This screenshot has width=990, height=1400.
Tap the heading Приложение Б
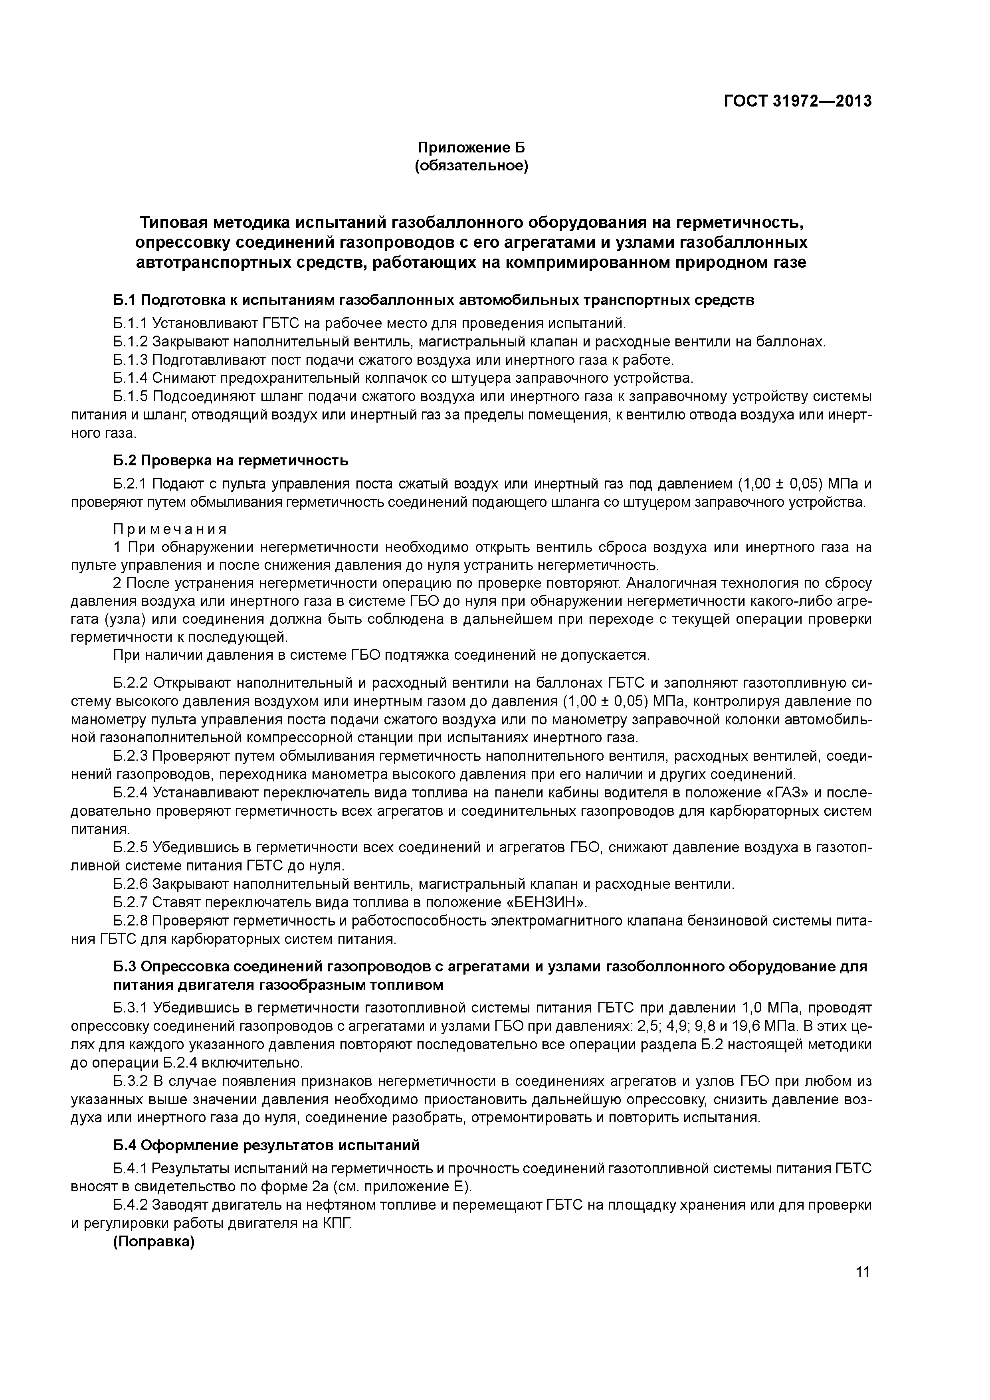pos(471,148)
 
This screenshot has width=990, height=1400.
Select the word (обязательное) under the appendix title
pos(471,166)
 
